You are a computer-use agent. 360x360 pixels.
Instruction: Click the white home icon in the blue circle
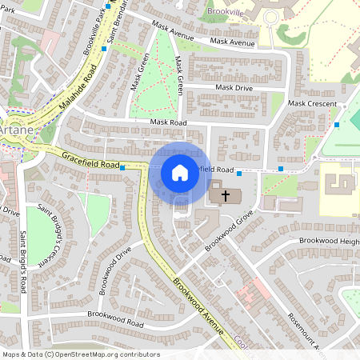coord(180,172)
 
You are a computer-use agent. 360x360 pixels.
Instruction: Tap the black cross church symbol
coord(226,194)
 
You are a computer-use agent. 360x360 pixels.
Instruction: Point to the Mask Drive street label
coord(233,87)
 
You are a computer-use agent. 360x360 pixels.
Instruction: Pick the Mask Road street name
coord(168,122)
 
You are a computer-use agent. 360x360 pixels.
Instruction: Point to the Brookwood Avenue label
coord(200,295)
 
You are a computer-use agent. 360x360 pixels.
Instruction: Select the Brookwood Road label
coord(116,318)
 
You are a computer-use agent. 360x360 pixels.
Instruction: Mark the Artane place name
coord(14,128)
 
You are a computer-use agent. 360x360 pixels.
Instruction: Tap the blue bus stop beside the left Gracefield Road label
coord(122,168)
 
